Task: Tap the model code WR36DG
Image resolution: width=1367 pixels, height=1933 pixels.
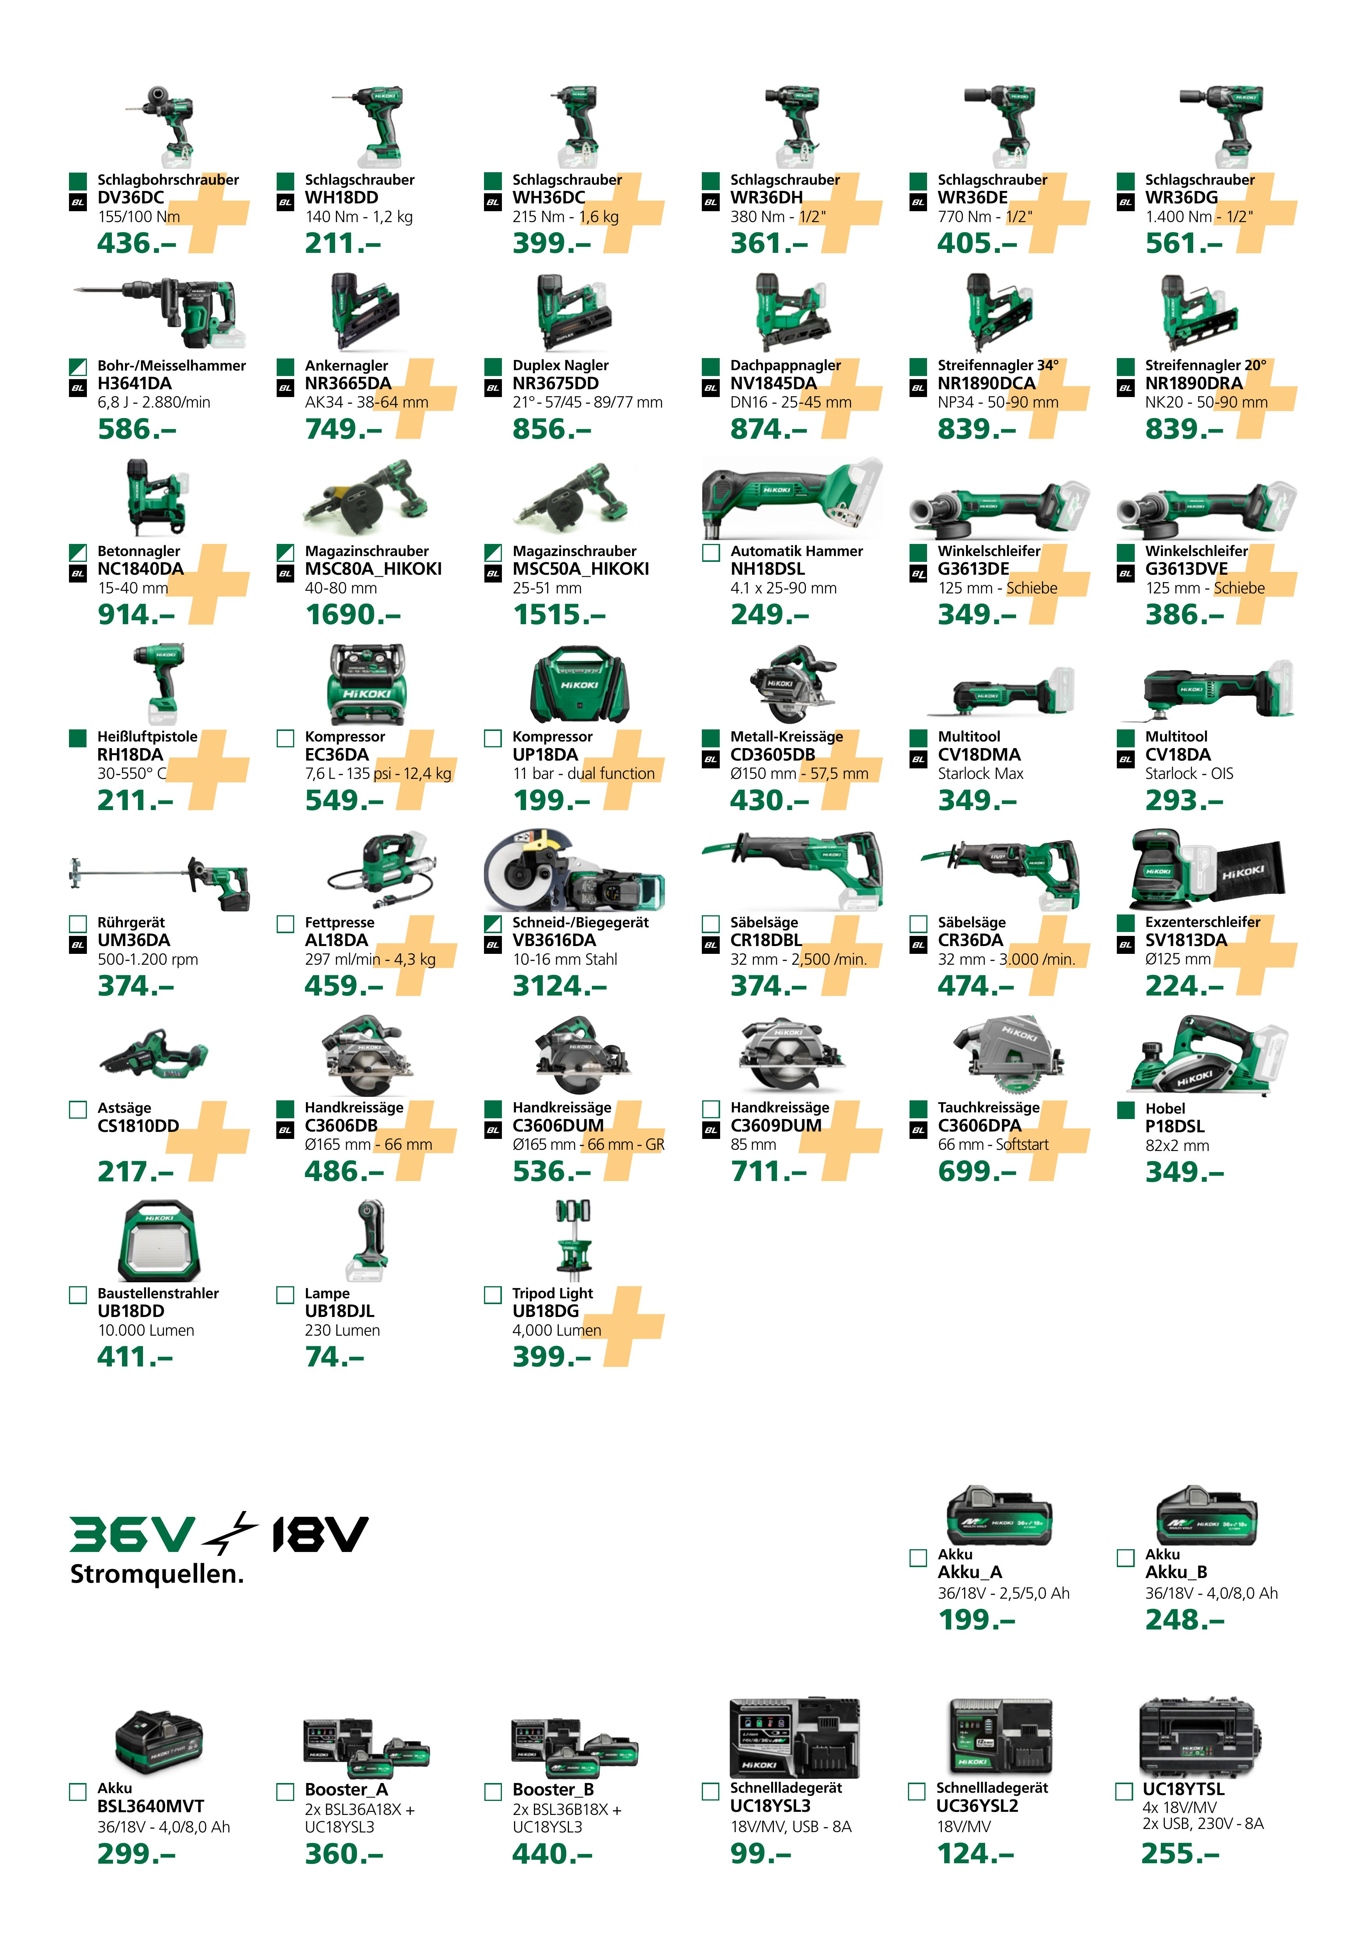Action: [1181, 198]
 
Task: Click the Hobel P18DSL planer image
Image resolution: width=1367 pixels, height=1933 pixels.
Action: [1205, 1057]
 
